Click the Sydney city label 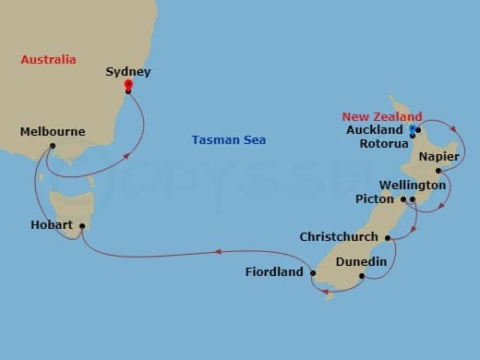(128, 71)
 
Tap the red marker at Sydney (128, 84)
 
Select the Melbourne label (53, 132)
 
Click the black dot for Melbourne (53, 146)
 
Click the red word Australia (48, 60)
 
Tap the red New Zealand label (382, 116)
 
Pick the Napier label (438, 158)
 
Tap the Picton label (375, 198)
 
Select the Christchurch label (339, 237)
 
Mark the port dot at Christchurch (387, 238)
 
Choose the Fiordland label (274, 272)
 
